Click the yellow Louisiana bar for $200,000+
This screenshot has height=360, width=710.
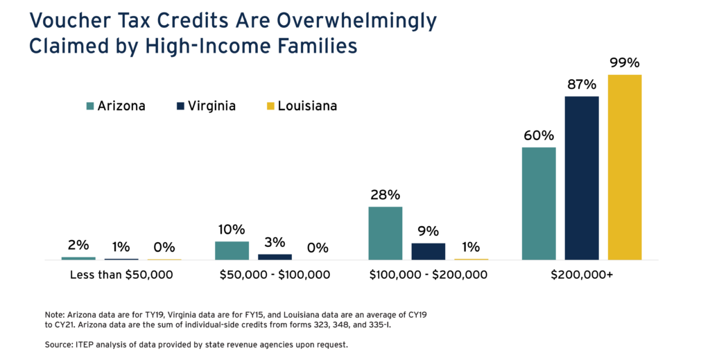coord(624,167)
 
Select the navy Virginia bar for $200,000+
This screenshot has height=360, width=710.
coord(581,178)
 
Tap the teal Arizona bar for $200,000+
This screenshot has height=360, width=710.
coord(539,203)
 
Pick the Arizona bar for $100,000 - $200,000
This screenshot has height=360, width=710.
coord(385,233)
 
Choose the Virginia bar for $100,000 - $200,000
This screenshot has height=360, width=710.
coord(428,251)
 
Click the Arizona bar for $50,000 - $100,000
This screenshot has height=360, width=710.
coord(232,250)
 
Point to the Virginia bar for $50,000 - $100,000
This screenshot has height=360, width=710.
coord(275,257)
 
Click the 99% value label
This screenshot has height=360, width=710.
coord(624,63)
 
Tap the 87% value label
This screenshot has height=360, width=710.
coord(581,85)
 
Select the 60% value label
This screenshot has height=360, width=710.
coord(539,135)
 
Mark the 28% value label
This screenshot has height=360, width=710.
coord(385,195)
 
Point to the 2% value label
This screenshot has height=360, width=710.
coord(78,245)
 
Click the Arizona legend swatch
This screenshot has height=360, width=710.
coord(90,106)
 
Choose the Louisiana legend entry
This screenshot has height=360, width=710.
coord(302,106)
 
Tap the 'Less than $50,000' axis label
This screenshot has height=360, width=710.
coord(121,275)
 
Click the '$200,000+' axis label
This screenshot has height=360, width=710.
coord(582,275)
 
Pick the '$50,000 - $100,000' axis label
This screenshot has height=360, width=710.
coord(275,275)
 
